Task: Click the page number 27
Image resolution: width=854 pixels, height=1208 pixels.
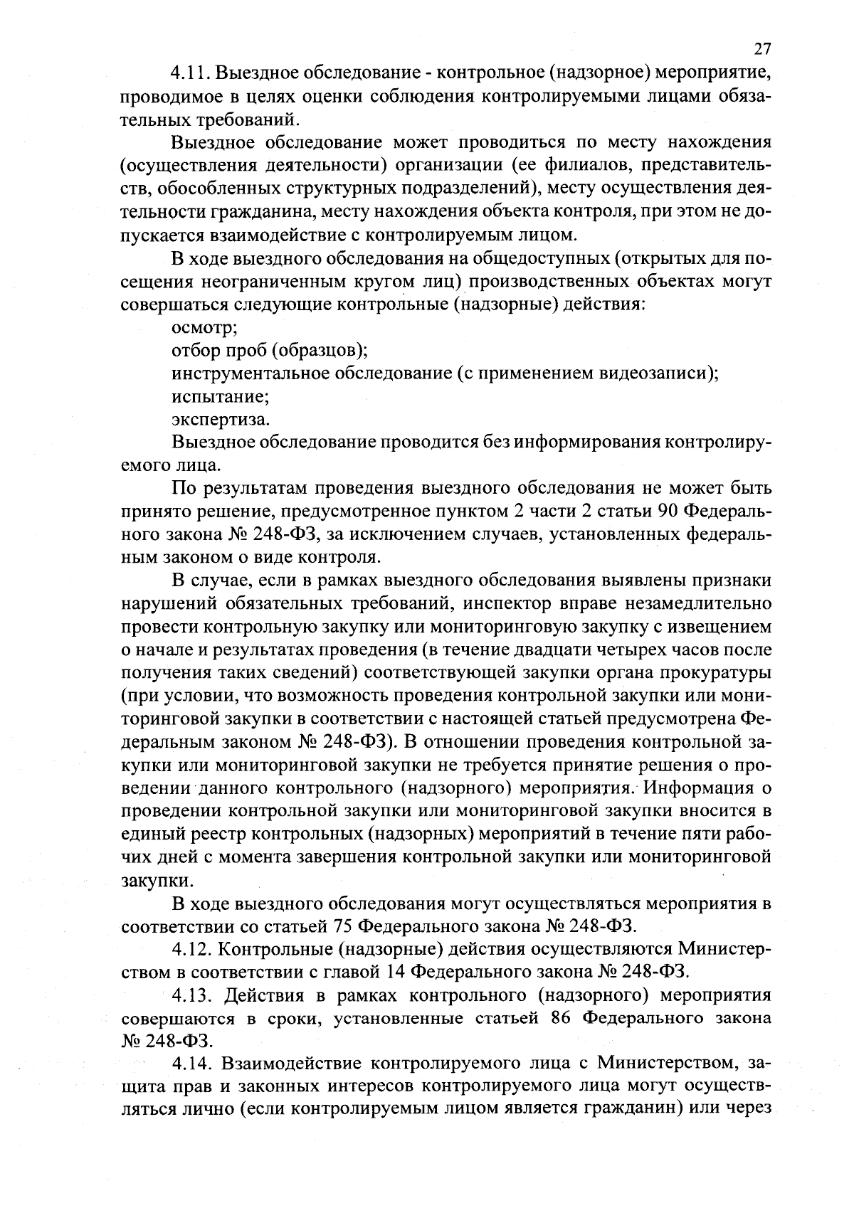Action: [x=761, y=49]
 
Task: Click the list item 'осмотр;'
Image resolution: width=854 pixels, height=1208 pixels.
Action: [x=205, y=328]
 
